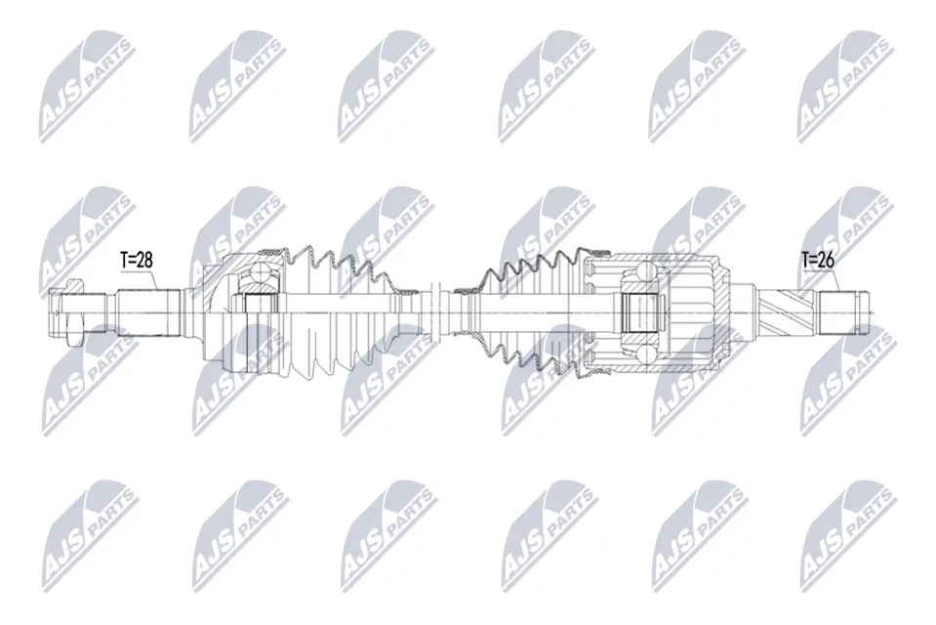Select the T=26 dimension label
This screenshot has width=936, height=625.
819,260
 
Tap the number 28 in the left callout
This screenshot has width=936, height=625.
146,260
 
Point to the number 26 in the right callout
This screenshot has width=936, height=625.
828,260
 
